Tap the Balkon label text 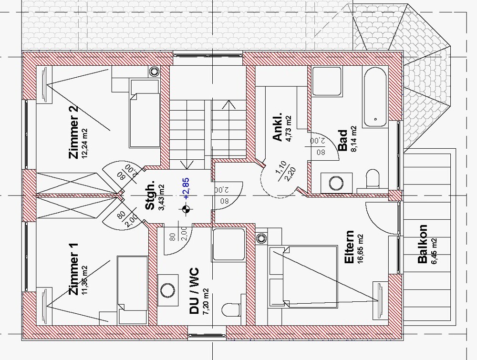point(422,244)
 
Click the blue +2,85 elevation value point(186,188)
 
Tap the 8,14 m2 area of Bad point(353,139)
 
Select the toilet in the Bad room point(373,180)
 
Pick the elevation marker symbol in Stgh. point(187,209)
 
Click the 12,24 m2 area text point(85,144)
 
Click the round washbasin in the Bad point(332,182)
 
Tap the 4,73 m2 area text point(289,129)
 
